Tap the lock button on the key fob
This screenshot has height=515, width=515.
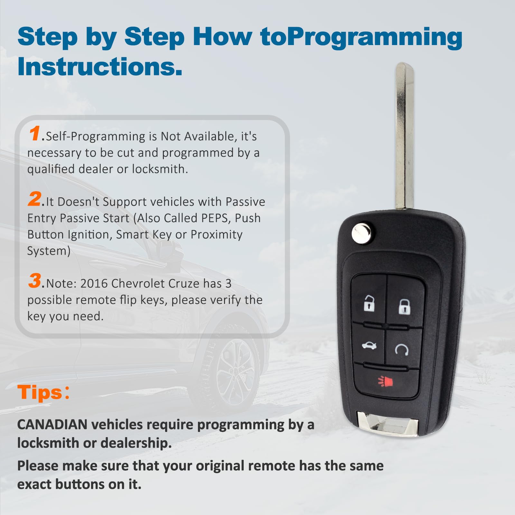(404, 306)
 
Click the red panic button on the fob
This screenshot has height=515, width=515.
(386, 382)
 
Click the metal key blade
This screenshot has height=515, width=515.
(404, 135)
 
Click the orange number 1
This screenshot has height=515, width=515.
(35, 133)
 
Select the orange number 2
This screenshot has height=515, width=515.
(35, 199)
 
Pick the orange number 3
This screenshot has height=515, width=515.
(35, 280)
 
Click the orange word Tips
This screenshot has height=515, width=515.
(40, 392)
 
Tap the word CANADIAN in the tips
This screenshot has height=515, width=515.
(52, 425)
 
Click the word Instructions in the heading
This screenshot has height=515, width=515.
(100, 67)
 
